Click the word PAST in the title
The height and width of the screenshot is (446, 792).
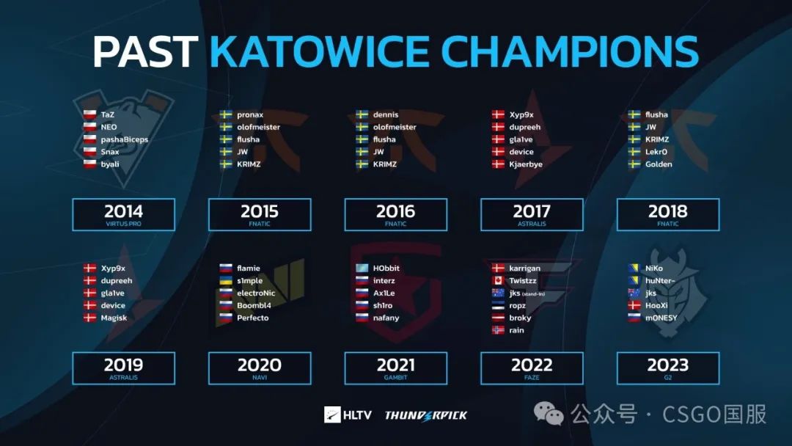145,51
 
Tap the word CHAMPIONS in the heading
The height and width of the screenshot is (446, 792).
570,51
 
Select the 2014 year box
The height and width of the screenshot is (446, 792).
124,215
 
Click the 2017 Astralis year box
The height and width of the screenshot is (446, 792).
532,215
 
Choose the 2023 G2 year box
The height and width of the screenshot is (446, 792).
668,368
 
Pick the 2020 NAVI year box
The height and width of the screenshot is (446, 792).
260,368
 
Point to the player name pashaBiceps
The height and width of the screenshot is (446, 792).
124,139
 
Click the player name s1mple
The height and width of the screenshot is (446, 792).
249,281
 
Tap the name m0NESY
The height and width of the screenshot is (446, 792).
661,318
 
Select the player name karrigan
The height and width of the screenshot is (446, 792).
524,268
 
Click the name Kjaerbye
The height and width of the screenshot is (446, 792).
526,164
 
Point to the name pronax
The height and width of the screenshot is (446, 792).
250,115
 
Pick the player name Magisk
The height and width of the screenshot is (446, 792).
114,318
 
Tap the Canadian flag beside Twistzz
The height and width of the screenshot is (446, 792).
498,280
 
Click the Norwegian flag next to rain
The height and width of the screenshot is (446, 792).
498,330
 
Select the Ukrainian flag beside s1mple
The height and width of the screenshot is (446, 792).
226,280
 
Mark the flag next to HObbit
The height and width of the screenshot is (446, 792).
362,268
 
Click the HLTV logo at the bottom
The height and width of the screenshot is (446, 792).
348,414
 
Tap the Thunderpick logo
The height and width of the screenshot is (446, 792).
426,415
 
